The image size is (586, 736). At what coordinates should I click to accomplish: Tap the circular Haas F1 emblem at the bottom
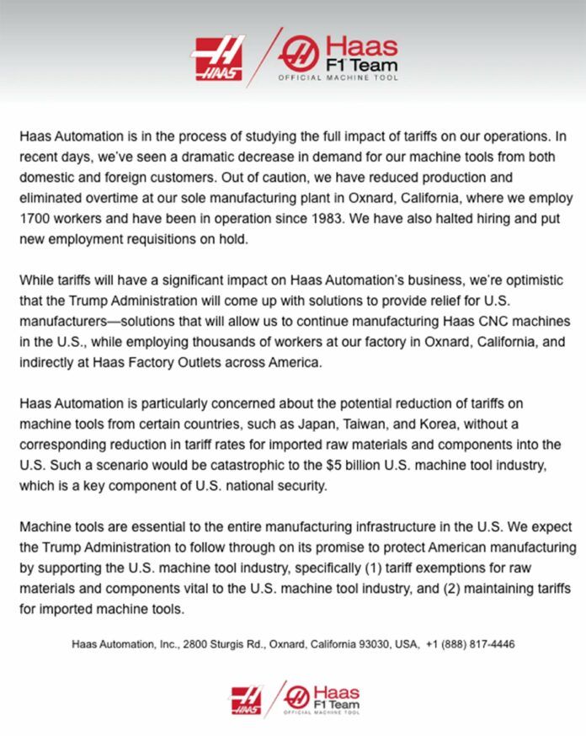(x=297, y=696)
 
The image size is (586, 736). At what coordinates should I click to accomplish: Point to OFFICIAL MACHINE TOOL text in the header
(x=338, y=77)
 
